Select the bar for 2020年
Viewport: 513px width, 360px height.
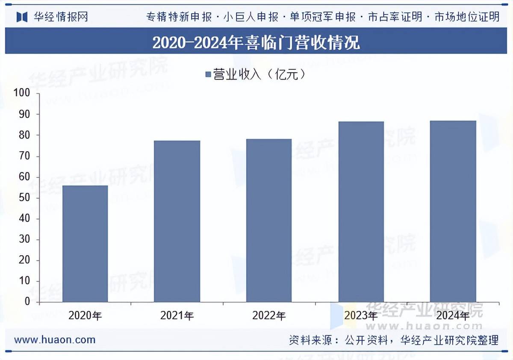[85, 244]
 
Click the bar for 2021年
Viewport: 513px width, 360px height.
[177, 221]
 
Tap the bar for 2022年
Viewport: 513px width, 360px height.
[269, 220]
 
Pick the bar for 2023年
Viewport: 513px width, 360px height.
[361, 212]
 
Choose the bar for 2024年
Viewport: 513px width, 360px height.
[453, 211]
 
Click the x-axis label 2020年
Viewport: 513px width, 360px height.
[85, 316]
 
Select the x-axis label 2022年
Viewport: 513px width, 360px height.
[269, 316]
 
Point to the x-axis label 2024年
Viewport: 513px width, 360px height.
[453, 316]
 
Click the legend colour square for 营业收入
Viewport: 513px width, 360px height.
[208, 75]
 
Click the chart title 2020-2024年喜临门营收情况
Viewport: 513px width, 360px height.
[256, 42]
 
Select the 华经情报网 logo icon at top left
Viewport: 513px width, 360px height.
[22, 17]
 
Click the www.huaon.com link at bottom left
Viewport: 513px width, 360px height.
[55, 340]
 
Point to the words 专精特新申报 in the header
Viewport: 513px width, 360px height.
[179, 17]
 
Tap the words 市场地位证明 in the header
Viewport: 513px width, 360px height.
[467, 17]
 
